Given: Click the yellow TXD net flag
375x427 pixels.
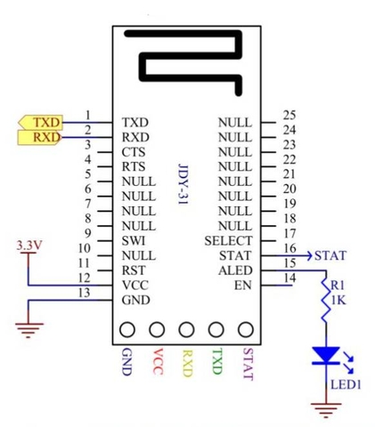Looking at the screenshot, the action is click(41, 123).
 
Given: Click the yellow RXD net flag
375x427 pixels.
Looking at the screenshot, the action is click(39, 138).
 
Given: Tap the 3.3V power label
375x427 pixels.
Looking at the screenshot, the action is click(29, 246).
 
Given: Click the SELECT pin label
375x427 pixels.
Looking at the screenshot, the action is click(228, 241).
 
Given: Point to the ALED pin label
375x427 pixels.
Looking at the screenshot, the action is click(235, 270).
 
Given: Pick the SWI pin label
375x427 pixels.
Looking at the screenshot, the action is click(134, 241).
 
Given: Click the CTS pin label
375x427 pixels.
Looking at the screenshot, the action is click(134, 152).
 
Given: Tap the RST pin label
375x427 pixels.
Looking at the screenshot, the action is click(134, 270).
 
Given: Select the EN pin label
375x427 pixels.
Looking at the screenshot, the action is click(243, 286).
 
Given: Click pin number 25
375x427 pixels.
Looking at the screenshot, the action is click(289, 115).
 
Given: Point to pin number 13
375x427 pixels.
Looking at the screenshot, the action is click(85, 293).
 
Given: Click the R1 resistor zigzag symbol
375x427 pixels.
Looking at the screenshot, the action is click(326, 301).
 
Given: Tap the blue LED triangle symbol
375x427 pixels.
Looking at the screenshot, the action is click(326, 355).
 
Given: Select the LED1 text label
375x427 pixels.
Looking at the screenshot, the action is click(346, 385).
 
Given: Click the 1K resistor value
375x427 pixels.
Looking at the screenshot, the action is click(338, 301).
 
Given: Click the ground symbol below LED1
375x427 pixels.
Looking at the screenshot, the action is click(326, 410).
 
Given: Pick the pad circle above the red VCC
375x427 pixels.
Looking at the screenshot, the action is click(157, 330).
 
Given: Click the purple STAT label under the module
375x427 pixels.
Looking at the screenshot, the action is click(248, 364).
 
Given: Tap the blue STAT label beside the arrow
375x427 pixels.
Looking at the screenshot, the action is click(330, 256).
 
